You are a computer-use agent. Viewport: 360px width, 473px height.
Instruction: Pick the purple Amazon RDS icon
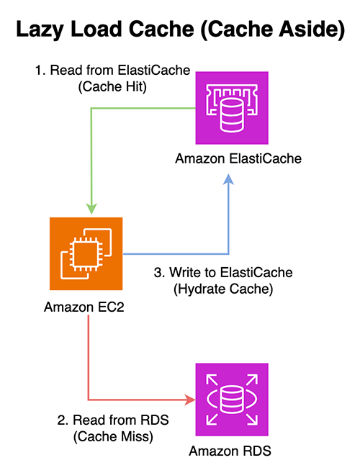click(232, 398)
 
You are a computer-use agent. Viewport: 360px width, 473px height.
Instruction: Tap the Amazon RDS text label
click(232, 451)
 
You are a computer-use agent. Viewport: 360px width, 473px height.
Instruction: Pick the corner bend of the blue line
click(229, 253)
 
